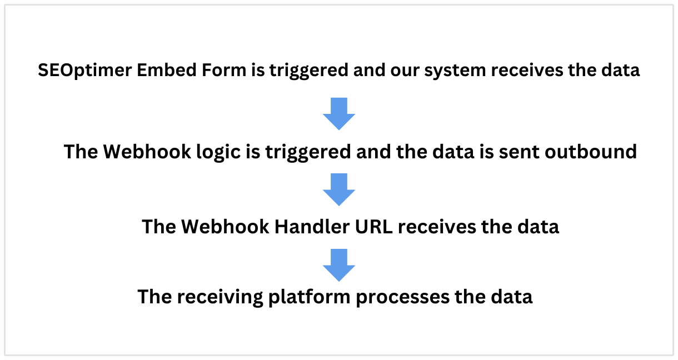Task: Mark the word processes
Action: point(401,297)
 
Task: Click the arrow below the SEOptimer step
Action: point(339,114)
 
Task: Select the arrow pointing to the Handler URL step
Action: point(339,189)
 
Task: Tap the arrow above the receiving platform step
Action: point(339,264)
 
